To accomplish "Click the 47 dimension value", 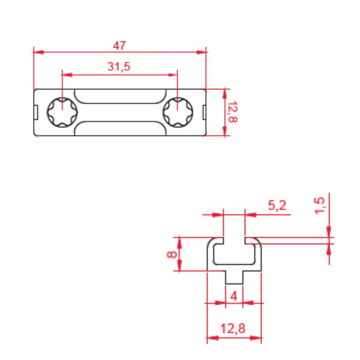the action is click(120, 45).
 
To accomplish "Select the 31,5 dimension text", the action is click(119, 67).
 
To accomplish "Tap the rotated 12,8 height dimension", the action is click(232, 112).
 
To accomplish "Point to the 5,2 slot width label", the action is click(277, 205).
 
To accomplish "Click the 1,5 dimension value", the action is click(320, 206).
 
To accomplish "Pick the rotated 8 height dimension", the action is click(172, 255).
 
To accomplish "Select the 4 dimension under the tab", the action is click(234, 296).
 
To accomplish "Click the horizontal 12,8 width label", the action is click(233, 328).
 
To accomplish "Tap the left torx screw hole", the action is click(62, 112).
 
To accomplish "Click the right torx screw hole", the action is click(178, 112).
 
